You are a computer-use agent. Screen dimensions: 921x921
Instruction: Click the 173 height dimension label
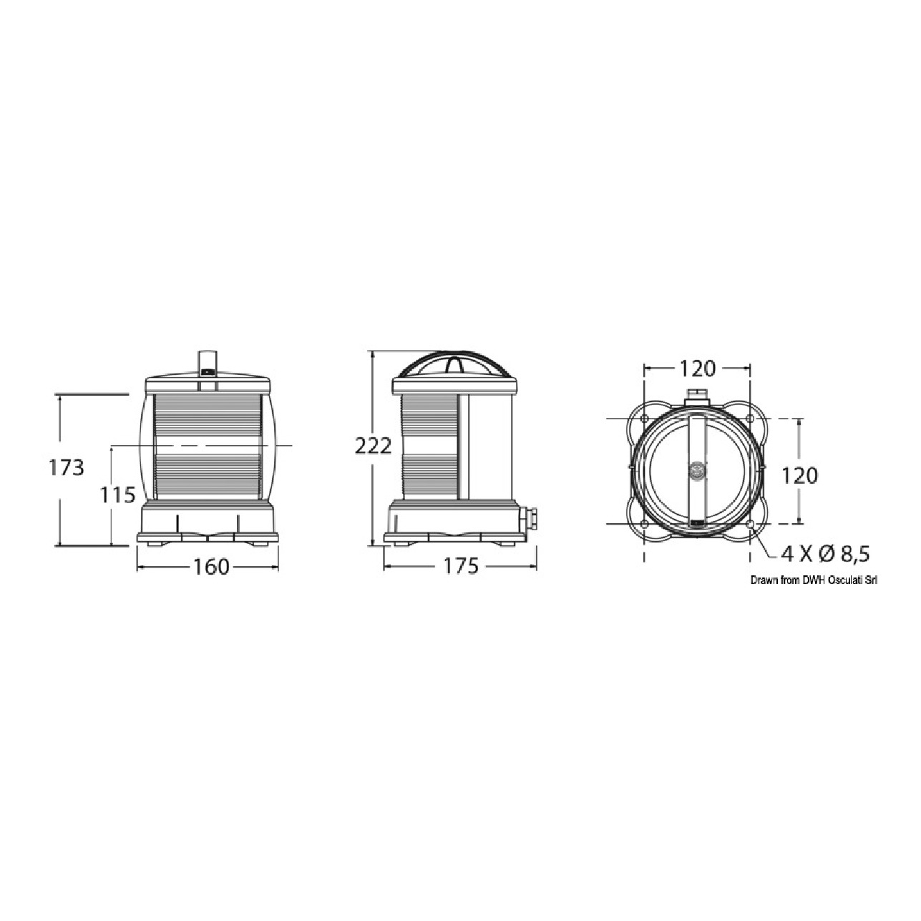point(67,468)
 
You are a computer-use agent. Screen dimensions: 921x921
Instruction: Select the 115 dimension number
point(117,495)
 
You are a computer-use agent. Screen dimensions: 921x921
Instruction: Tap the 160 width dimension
point(211,567)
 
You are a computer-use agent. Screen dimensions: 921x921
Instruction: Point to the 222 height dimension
point(374,447)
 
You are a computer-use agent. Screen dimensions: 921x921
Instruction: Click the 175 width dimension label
point(461,566)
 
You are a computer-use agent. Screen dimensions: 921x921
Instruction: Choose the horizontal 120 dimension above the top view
point(697,368)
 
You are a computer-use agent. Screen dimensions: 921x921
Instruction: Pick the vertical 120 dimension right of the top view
point(799,475)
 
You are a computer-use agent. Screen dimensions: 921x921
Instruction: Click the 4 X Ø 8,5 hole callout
point(825,554)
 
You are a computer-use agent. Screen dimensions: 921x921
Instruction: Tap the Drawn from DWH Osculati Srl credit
point(814,580)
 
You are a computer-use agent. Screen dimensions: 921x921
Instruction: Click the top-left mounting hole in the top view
point(644,419)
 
